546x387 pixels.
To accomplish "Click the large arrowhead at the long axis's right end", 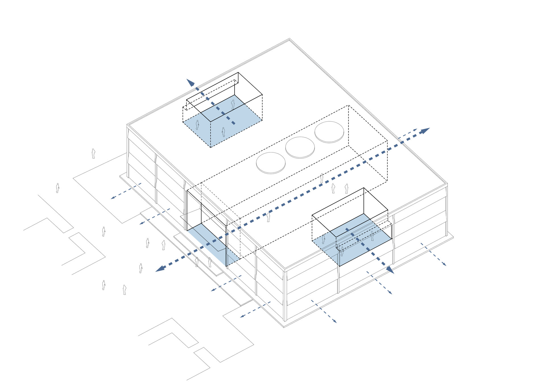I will coord(425,131).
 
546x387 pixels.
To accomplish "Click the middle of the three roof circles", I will coord(300,147).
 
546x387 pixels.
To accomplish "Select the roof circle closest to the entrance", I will coord(270,163).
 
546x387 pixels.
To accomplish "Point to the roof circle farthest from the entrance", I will coord(329,132).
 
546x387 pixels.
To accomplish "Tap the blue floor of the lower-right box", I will coord(353,239).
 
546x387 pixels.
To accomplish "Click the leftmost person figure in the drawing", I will coord(57,188).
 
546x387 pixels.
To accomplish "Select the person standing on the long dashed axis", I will coord(268,217).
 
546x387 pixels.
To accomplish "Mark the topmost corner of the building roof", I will coord(289,39).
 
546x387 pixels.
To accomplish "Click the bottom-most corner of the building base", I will coord(284,327).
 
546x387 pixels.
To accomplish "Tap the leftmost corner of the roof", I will coord(127,125).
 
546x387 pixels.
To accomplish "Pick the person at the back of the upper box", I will coord(233,104).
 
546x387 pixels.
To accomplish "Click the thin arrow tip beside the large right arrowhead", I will coord(416,129).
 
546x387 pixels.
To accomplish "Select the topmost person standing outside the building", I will coord(93,154).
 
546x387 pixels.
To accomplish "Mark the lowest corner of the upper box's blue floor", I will coord(210,147).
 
